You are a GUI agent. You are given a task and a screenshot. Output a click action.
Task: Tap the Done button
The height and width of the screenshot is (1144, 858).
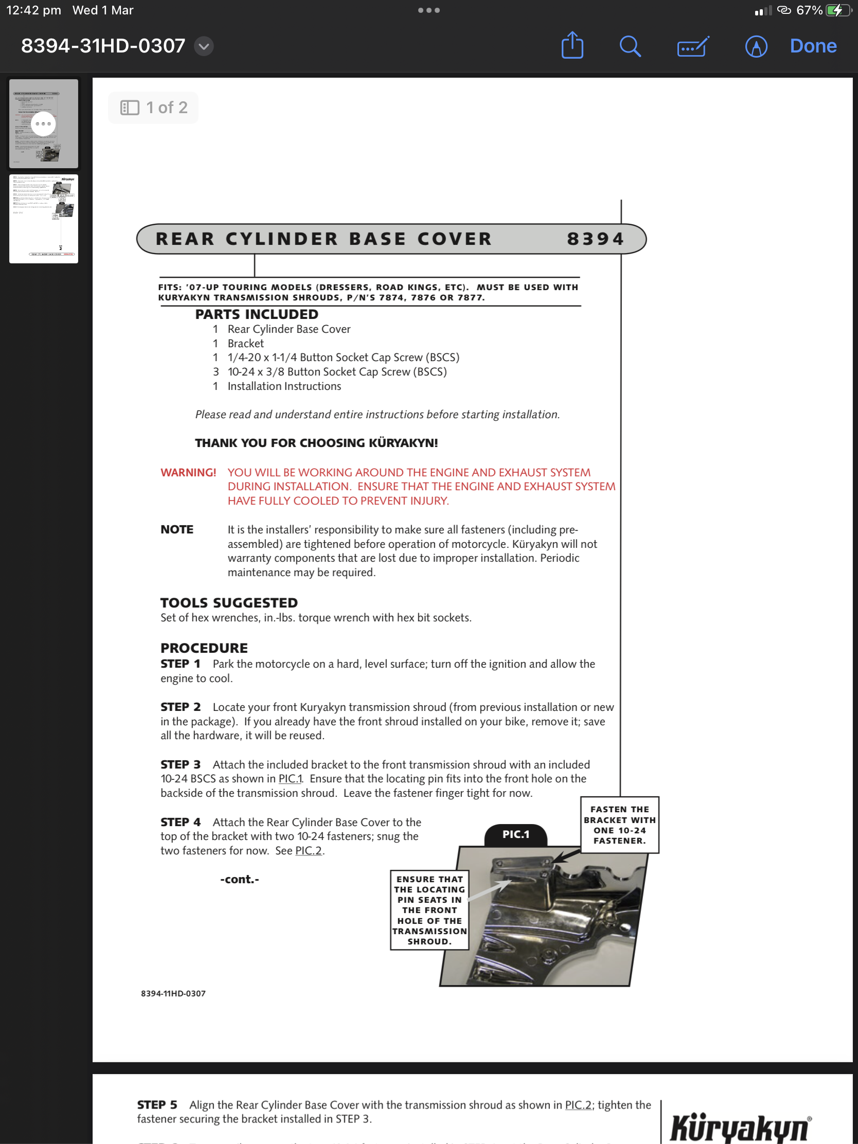click(813, 46)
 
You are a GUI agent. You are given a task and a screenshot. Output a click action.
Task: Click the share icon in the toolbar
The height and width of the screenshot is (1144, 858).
click(572, 46)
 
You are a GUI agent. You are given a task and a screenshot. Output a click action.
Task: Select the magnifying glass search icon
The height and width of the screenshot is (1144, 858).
click(630, 46)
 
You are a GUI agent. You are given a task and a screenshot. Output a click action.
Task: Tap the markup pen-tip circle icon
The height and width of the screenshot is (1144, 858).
click(756, 46)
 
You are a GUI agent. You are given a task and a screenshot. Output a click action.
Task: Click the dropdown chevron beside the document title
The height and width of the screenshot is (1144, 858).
click(204, 46)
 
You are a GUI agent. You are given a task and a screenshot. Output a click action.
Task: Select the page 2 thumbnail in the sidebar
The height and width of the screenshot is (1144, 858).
click(43, 219)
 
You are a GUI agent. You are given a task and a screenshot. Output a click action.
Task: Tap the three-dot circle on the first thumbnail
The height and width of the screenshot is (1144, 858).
click(43, 123)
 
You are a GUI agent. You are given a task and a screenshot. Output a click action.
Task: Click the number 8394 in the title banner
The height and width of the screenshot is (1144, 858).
click(595, 239)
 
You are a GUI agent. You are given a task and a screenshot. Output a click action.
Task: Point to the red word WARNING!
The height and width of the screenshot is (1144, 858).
click(188, 472)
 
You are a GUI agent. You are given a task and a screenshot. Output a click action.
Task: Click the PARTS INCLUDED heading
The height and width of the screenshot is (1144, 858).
click(257, 314)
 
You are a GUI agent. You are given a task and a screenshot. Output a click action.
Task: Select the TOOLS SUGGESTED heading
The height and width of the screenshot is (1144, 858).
click(228, 602)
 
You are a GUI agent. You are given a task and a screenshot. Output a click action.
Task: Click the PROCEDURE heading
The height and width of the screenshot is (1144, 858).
click(204, 648)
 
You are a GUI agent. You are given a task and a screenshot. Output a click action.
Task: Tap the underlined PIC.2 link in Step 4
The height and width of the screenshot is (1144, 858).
click(308, 850)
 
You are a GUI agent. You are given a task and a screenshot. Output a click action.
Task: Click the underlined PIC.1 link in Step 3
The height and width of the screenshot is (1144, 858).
click(290, 778)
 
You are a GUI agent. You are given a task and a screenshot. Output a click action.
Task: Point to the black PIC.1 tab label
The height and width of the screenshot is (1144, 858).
click(515, 834)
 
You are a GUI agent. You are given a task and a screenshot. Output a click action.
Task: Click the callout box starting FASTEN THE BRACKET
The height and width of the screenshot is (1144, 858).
click(619, 825)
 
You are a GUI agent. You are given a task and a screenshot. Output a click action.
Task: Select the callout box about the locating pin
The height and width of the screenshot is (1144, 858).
click(430, 910)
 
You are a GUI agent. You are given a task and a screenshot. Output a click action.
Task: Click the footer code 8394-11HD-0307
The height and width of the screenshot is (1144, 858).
click(173, 993)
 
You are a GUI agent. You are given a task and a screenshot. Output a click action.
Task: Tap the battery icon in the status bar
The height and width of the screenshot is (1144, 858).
click(838, 10)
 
